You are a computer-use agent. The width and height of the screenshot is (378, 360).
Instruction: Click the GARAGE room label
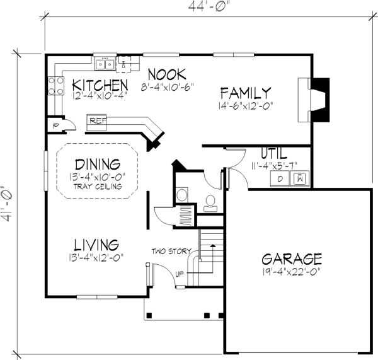292,259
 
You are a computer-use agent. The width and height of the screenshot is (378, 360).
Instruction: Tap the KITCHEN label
100,85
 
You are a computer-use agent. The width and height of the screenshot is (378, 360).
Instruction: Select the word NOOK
167,74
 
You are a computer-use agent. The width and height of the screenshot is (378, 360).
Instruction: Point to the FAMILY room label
246,93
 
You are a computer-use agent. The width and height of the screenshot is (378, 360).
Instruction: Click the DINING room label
98,165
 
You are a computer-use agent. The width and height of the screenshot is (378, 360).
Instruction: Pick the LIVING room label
96,245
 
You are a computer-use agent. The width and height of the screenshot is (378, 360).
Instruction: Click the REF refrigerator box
96,122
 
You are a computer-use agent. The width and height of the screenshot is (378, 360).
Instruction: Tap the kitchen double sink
105,64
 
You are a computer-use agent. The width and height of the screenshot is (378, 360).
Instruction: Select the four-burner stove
56,85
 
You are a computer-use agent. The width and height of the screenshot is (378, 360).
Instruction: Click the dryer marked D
280,179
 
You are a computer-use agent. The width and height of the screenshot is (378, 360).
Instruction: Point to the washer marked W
299,179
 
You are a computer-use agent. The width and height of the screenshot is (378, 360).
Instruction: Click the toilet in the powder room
210,204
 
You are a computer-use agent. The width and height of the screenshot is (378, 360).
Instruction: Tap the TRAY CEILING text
98,187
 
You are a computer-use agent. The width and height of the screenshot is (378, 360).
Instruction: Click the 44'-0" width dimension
208,6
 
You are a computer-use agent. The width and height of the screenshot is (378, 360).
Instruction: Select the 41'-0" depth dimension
6,204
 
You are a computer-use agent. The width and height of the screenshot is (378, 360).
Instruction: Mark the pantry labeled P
56,125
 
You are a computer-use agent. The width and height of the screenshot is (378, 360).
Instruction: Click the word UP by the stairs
180,274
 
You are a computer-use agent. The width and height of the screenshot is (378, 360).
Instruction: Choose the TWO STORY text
171,252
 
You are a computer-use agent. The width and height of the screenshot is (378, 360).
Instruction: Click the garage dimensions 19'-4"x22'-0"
291,272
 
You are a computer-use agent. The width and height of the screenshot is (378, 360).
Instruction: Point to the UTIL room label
274,153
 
